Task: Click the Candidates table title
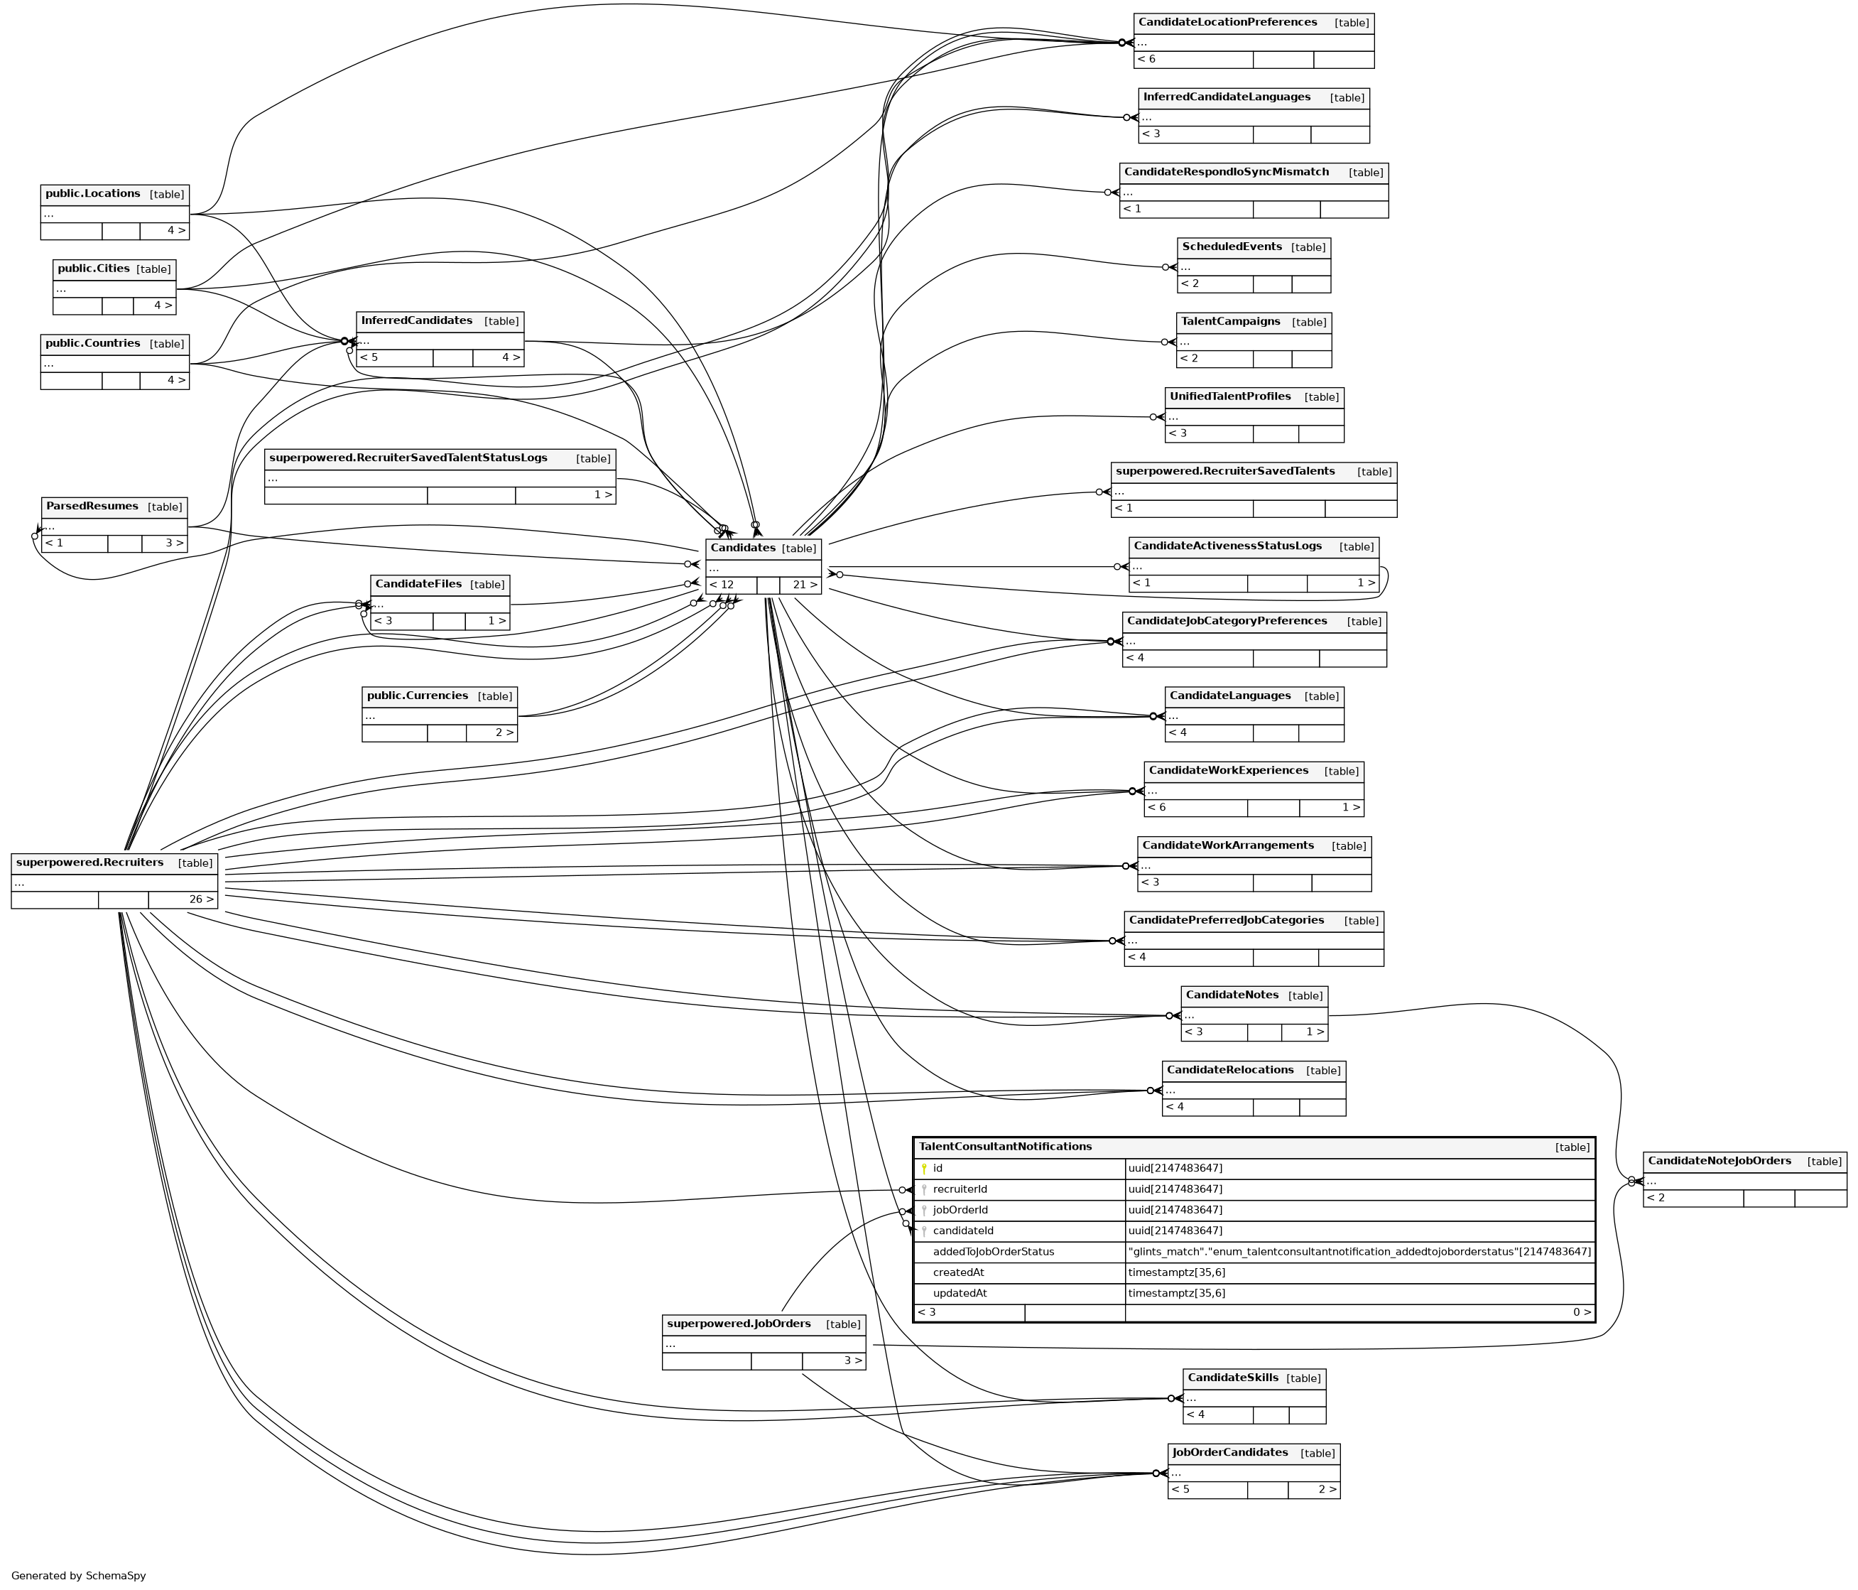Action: (742, 548)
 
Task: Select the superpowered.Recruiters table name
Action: (89, 862)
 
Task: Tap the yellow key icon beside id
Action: (923, 1169)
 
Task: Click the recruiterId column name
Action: (960, 1189)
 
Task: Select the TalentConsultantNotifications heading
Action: (1004, 1147)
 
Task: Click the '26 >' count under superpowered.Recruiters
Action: (201, 899)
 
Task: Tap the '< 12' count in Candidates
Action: (721, 585)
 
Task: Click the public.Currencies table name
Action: (417, 696)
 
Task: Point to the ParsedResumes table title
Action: (92, 507)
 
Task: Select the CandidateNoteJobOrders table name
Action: (1719, 1162)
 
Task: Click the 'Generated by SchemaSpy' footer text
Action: (79, 1576)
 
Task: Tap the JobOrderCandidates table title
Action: (1229, 1453)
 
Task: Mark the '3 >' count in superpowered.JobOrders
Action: (853, 1361)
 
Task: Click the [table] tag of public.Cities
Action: (153, 269)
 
